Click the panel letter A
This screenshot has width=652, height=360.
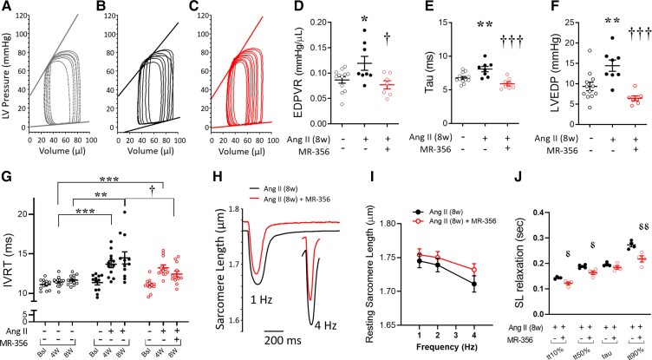8,8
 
